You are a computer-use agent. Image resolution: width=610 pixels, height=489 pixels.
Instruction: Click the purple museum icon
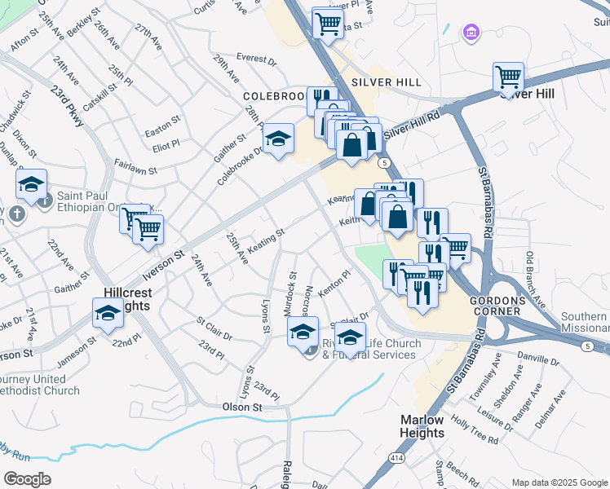pos(471,32)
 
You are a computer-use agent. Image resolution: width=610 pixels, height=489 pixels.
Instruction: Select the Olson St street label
pos(241,406)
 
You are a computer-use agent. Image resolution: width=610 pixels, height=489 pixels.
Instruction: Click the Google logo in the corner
pos(27,478)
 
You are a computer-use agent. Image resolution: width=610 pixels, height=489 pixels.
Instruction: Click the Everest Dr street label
pos(256,59)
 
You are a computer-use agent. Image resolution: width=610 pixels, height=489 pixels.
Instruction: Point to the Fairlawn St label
pos(136,170)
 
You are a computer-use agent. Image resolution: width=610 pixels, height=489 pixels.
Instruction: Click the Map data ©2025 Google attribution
pos(559,482)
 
